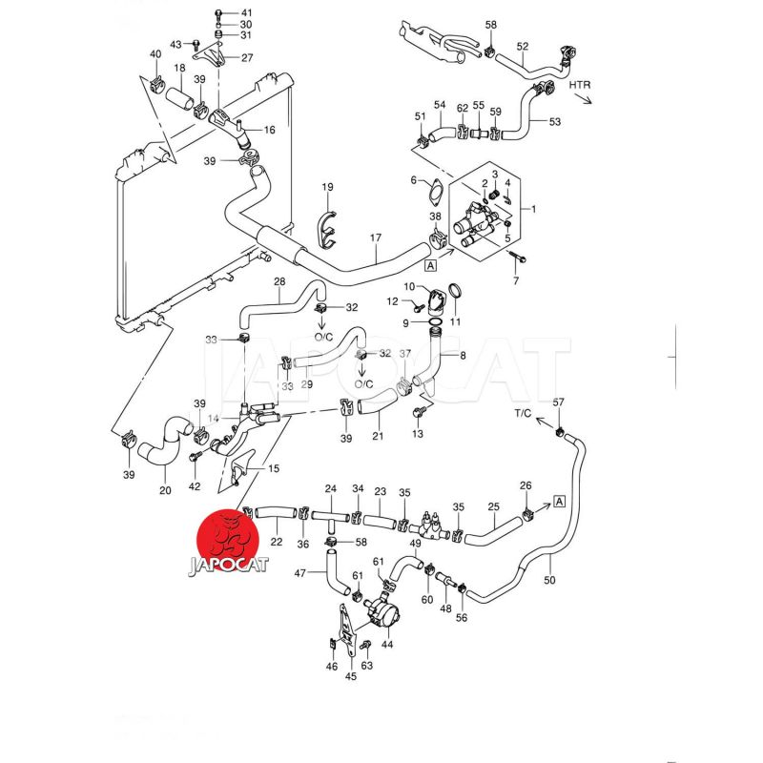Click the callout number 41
coord(245,12)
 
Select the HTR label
coord(581,86)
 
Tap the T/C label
coord(523,414)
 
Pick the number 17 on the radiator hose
coord(375,237)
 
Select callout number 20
coord(165,491)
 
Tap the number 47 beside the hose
coord(299,573)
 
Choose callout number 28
coord(279,281)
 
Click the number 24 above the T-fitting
coord(331,489)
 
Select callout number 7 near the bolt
coord(516,280)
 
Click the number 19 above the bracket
coord(327,187)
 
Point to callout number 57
coord(559,402)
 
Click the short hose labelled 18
coord(180,96)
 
